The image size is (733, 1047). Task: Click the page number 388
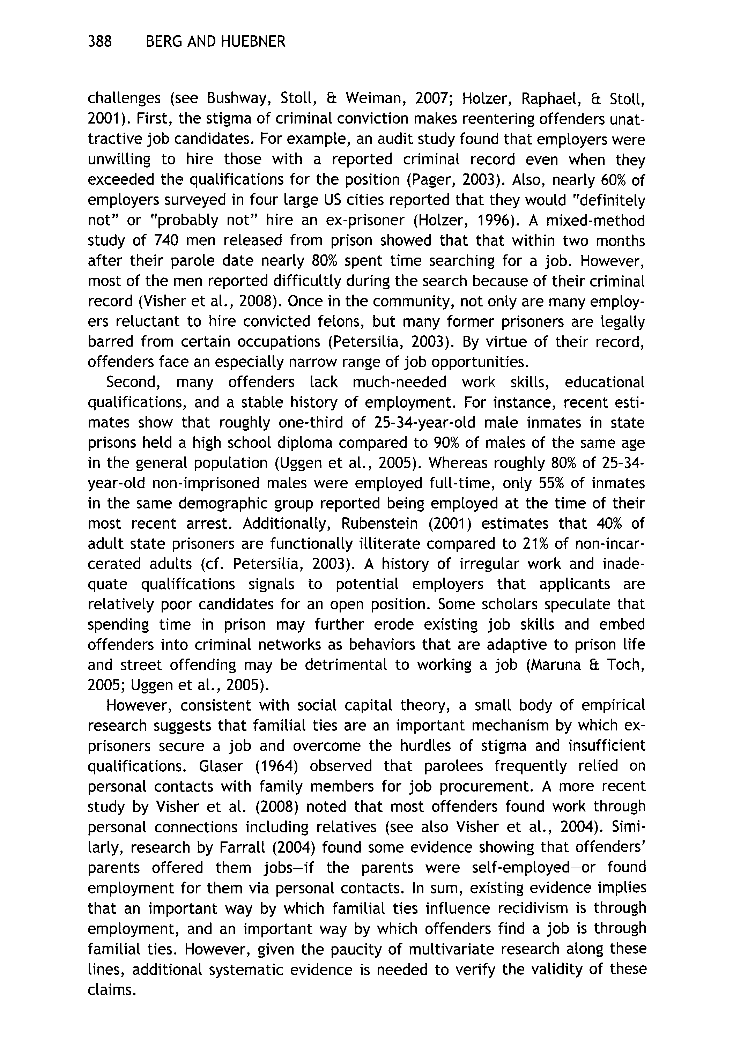pyautogui.click(x=99, y=42)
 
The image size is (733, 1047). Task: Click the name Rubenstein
pyautogui.click(x=379, y=523)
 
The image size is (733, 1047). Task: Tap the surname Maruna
pyautogui.click(x=562, y=665)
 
